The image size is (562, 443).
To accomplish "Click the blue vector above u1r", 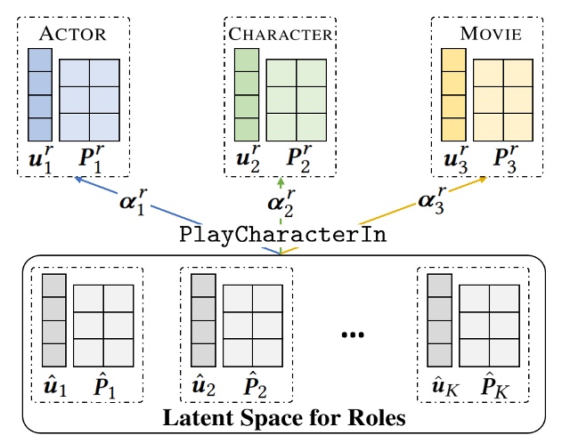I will (40, 93).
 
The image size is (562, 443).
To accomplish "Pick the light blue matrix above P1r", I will (89, 98).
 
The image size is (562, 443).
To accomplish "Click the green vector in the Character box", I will (246, 93).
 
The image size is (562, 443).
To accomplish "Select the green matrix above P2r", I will (296, 98).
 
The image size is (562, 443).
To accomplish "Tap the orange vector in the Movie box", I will (453, 93).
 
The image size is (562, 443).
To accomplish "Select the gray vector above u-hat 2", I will (204, 319).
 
